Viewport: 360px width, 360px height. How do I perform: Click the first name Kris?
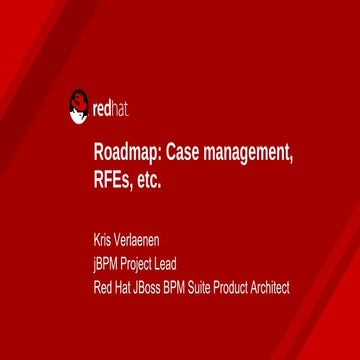pyautogui.click(x=102, y=240)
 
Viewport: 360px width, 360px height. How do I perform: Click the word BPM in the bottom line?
pyautogui.click(x=176, y=288)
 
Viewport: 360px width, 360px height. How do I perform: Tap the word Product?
pyautogui.click(x=235, y=288)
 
